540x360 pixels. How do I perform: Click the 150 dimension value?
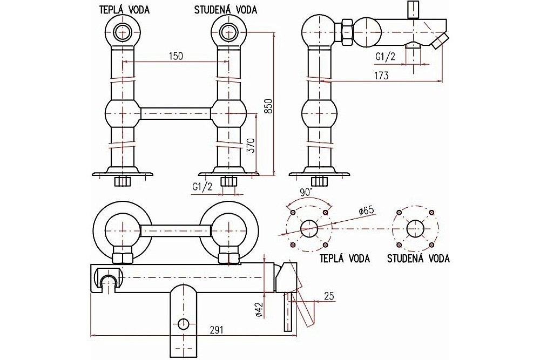176,56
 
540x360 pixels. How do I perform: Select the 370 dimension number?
251,146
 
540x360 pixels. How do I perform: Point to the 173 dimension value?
381,75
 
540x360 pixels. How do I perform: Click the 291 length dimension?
217,330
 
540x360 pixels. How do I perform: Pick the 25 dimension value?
329,296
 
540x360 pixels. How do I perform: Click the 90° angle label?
306,192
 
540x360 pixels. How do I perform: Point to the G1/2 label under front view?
202,187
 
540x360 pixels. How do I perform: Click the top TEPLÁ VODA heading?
125,10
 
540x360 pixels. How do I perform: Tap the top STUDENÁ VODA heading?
226,10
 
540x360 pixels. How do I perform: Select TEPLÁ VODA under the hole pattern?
345,259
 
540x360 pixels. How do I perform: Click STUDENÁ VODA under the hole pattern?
418,259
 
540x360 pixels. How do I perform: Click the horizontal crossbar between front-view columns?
175,113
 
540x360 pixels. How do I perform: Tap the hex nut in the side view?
346,33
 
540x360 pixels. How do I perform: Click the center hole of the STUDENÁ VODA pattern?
415,228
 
